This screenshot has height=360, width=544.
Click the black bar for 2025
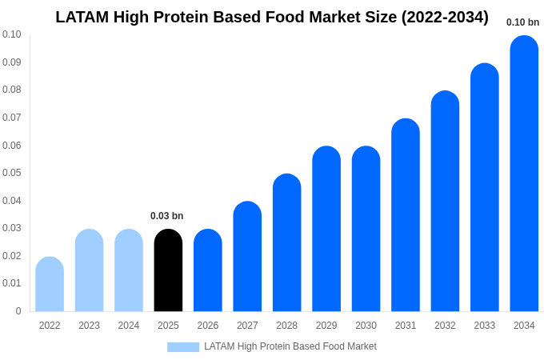coord(168,270)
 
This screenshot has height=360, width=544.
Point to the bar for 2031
coord(406,215)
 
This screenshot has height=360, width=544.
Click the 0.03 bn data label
coord(166,216)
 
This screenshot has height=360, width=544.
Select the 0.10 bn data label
coord(522,22)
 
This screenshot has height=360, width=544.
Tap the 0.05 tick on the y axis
coord(11,173)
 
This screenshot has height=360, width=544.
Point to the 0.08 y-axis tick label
coord(11,90)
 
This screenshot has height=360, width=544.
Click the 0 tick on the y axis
coord(18,311)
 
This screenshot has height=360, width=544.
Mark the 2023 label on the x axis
coord(89,326)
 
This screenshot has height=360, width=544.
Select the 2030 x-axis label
coord(366,326)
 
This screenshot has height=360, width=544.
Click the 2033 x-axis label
coord(484,326)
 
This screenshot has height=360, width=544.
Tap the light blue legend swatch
coord(182,347)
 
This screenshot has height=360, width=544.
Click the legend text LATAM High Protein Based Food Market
coord(290,346)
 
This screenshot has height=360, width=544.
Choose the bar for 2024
coord(129,270)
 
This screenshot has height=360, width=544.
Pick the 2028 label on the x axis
coord(286,326)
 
